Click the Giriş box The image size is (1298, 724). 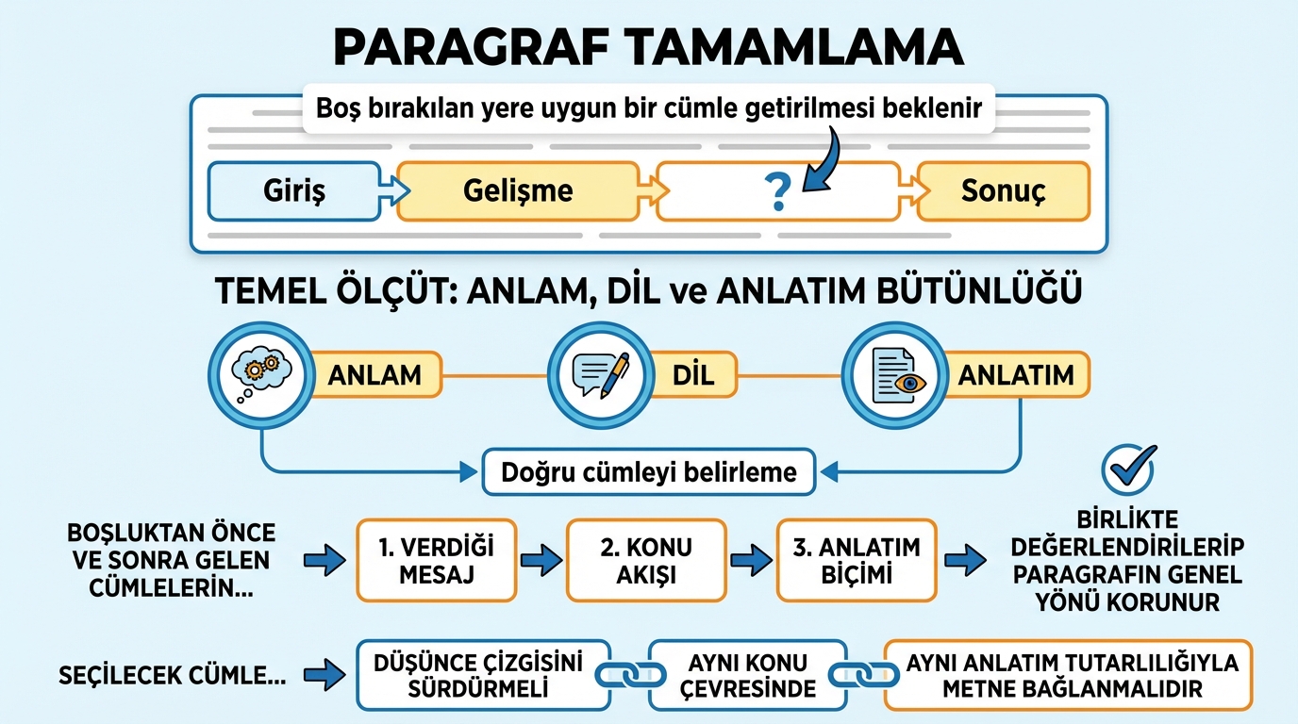293,191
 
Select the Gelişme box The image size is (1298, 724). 518,191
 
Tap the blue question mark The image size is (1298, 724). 778,192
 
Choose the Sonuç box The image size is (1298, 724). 1004,191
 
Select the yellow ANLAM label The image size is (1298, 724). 374,375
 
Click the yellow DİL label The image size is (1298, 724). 693,375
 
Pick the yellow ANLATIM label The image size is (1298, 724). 1016,375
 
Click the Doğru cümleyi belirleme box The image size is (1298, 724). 649,471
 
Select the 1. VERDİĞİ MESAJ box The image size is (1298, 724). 437,560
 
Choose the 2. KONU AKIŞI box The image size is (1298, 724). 646,560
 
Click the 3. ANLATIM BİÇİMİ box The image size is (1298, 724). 857,560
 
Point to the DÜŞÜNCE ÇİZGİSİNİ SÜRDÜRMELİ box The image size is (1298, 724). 483,676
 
